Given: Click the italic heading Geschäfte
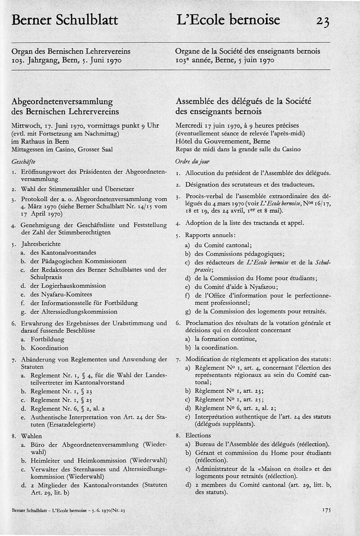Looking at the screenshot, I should pyautogui.click(x=24, y=161).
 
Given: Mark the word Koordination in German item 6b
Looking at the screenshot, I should pyautogui.click(x=49, y=348).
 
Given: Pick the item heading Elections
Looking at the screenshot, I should pyautogui.click(x=198, y=435).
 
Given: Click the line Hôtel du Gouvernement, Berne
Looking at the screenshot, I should pyautogui.click(x=215, y=141).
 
